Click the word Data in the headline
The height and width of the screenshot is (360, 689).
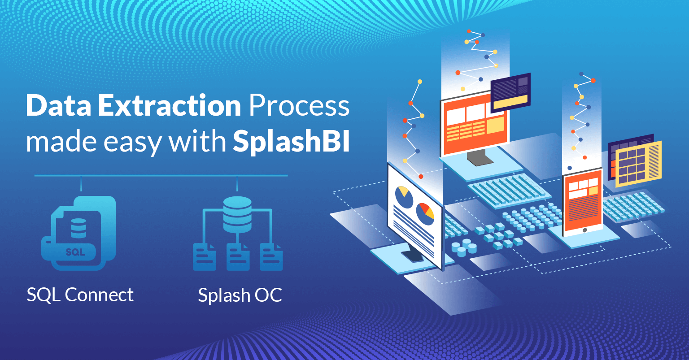[58, 106]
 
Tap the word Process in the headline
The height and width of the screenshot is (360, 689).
[299, 106]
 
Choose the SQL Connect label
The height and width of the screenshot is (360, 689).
[80, 295]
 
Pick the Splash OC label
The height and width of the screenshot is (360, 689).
[240, 295]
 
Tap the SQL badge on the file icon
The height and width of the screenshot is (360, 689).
[75, 252]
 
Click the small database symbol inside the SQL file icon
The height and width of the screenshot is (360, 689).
[78, 228]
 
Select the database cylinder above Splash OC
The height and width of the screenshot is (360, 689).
[237, 214]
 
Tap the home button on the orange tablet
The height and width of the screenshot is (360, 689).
[584, 230]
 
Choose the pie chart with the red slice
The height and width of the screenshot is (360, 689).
[425, 212]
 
